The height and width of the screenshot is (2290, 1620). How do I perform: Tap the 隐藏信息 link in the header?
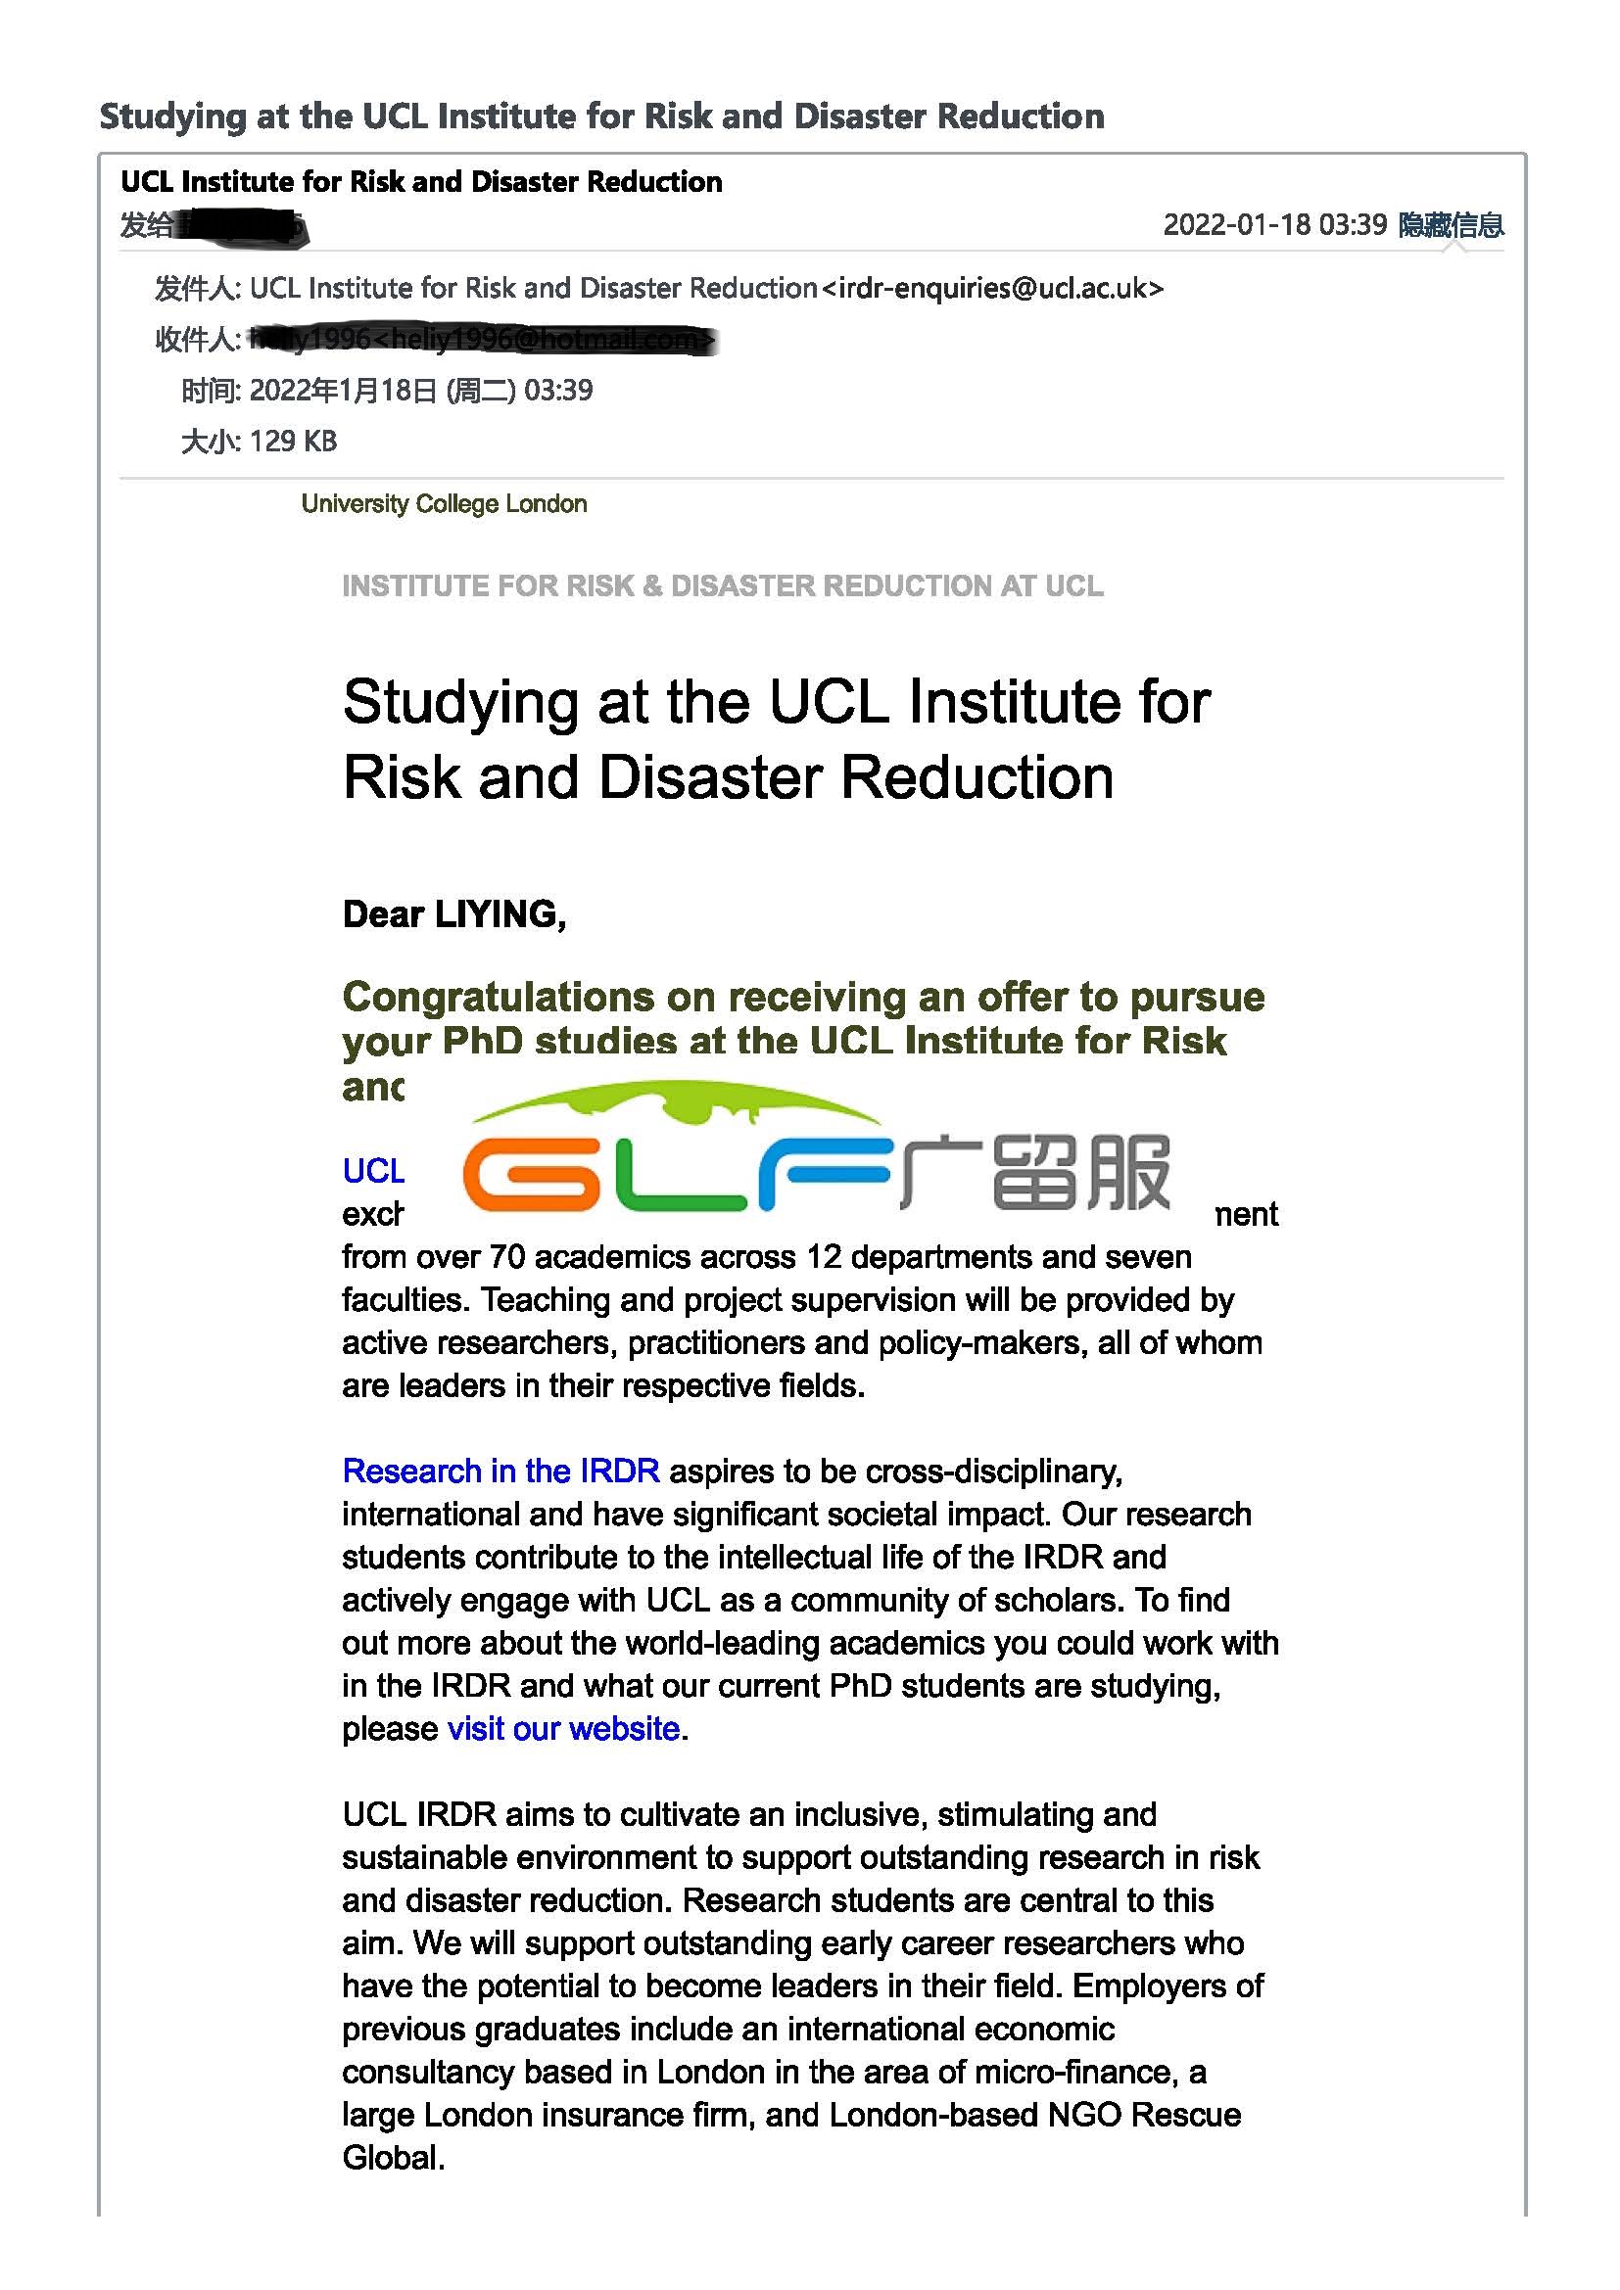click(x=1451, y=225)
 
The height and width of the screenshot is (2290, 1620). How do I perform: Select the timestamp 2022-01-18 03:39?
click(x=1274, y=224)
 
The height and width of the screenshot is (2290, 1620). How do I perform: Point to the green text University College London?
click(x=444, y=503)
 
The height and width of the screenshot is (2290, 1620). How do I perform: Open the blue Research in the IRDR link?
click(x=500, y=1472)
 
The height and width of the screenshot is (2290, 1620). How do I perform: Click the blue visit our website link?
click(x=563, y=1728)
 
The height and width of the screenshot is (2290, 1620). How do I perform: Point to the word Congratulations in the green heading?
click(x=529, y=998)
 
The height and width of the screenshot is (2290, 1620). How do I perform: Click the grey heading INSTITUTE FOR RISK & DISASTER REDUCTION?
click(x=722, y=585)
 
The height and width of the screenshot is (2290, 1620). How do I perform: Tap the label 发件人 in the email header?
click(x=196, y=289)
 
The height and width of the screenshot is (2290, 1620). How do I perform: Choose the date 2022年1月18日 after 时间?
click(x=343, y=390)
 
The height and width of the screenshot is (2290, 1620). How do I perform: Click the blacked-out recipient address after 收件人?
click(x=481, y=340)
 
